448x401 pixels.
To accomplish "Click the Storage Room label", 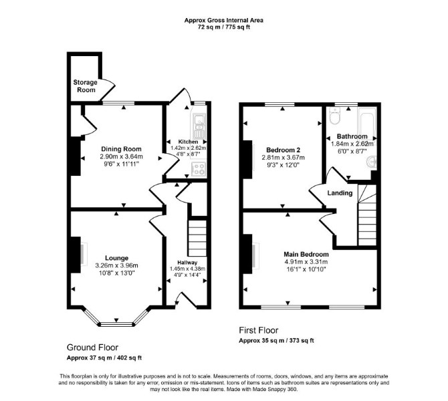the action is pos(85,86).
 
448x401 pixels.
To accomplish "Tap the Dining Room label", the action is pos(121,149).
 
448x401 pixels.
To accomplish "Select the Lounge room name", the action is pos(116,258).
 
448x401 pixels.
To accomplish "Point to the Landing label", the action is pos(340,192).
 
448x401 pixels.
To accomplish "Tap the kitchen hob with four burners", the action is pos(199,168).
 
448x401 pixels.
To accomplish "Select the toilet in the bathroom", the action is pos(334,116).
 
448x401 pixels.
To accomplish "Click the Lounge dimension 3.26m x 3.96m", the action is pos(116,265).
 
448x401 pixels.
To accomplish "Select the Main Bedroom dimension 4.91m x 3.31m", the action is pos(306,261).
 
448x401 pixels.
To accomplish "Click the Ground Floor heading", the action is pos(92,348).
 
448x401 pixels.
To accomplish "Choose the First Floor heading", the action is pos(259,330).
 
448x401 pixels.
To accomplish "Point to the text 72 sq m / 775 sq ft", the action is pos(224,27).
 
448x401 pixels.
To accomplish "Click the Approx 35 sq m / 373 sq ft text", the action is pos(276,340).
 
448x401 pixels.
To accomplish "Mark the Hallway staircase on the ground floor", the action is pos(197,238).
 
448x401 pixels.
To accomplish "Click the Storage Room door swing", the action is pos(108,90).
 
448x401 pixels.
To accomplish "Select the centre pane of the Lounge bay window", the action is pos(116,324).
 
